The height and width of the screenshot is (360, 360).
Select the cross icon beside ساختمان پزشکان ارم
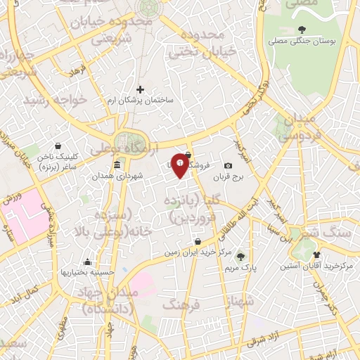pyautogui.click(x=140, y=89)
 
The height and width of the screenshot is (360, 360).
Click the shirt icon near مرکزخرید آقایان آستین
pyautogui.click(x=316, y=255)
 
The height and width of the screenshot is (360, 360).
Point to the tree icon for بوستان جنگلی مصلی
pyautogui.click(x=302, y=30)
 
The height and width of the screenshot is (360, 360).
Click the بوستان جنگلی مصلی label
pyautogui.click(x=302, y=41)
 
